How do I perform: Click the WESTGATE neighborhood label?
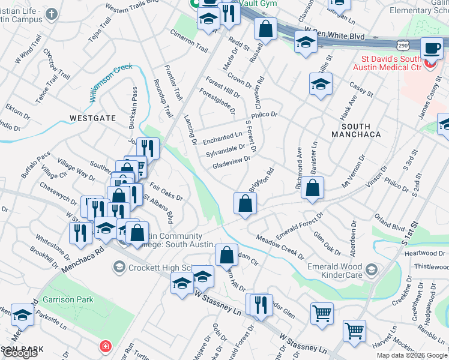pos(92,118)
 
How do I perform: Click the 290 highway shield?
pos(403,45)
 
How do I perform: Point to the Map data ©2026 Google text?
pos(412,355)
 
